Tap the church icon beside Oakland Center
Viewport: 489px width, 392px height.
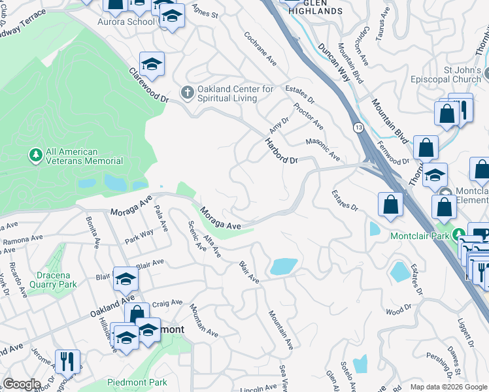(188, 92)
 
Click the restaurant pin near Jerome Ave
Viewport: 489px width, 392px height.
(67, 360)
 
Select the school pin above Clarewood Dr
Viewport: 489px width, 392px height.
(152, 64)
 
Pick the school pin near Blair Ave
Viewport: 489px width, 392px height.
(125, 278)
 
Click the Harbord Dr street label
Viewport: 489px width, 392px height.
(281, 151)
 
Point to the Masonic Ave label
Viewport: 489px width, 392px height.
(323, 150)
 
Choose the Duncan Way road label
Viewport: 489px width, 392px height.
(334, 63)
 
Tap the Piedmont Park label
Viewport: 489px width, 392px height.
(139, 382)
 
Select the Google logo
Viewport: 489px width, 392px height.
(22, 384)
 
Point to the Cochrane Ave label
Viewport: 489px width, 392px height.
(260, 48)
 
